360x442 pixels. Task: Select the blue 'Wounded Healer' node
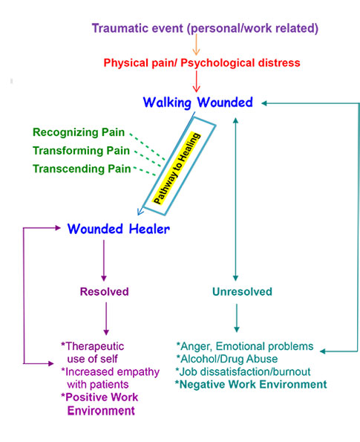[119, 229]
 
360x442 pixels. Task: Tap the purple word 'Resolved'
[105, 291]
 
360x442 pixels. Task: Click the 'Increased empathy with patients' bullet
[102, 377]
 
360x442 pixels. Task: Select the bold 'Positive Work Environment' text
[100, 403]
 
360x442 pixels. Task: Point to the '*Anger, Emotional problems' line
[244, 346]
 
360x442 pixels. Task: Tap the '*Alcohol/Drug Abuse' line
[226, 359]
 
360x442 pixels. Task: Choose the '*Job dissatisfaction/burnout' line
[243, 371]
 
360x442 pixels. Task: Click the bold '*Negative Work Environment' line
[250, 384]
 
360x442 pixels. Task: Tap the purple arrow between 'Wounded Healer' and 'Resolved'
[104, 260]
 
